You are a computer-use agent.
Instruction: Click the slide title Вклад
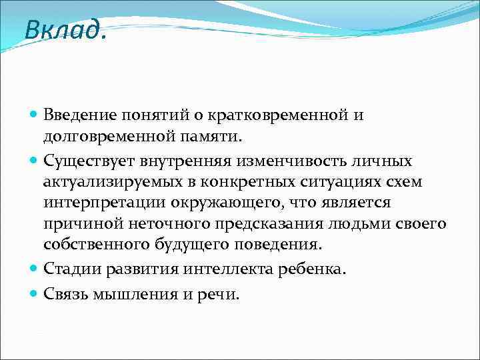pos(64,29)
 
